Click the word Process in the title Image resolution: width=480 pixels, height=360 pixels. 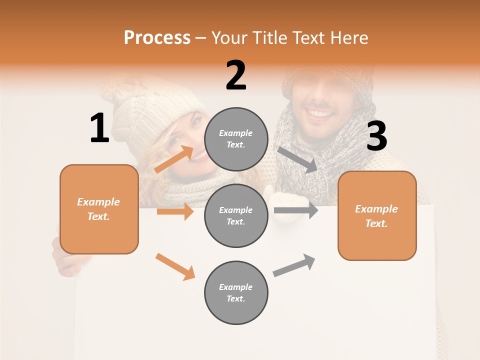click(157, 38)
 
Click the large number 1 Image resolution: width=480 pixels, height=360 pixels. click(99, 128)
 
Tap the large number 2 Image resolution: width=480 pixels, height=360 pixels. click(236, 75)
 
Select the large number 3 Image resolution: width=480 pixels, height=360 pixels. click(376, 136)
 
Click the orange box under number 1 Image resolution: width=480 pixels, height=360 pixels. click(99, 209)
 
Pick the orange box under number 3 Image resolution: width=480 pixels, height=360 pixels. click(377, 215)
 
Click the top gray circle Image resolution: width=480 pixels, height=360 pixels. click(236, 139)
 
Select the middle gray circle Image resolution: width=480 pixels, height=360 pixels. click(236, 215)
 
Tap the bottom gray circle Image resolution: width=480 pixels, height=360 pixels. click(236, 292)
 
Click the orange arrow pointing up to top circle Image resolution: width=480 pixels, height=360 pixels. click(174, 159)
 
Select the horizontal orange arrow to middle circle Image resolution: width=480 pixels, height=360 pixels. click(175, 211)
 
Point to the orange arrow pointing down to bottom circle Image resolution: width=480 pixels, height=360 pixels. click(175, 266)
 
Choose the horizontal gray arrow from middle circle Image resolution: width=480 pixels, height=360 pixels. click(296, 210)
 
